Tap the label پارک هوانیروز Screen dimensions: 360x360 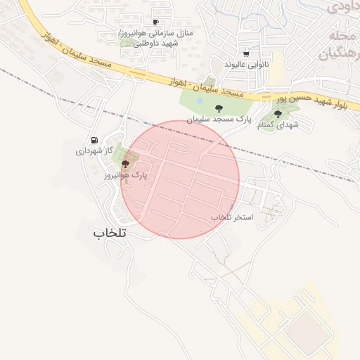point(125,175)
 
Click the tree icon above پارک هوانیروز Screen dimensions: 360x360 point(125,164)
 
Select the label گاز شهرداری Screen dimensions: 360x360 point(94,150)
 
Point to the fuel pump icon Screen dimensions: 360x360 point(94,140)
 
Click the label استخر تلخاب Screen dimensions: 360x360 point(232,217)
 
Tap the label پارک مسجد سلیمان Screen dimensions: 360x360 point(219,120)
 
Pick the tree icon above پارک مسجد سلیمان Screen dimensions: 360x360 point(219,108)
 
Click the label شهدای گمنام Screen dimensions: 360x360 point(278,124)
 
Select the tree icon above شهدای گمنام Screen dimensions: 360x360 point(278,113)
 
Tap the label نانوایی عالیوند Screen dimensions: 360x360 point(247,64)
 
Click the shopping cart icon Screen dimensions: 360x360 point(245,53)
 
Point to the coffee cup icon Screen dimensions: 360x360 point(155,22)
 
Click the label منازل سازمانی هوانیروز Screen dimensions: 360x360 point(160,33)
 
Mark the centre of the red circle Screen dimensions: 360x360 point(180,179)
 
